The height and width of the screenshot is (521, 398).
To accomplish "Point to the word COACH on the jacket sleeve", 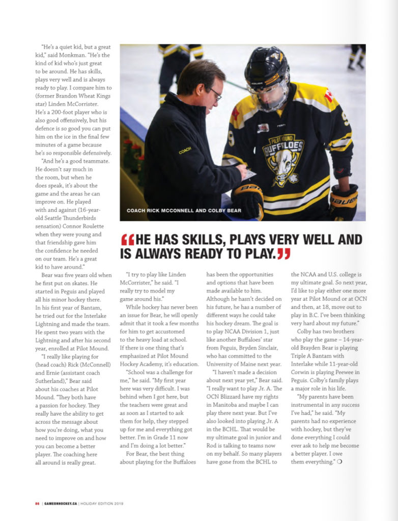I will (x=185, y=151).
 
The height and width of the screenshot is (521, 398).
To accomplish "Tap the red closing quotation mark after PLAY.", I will (x=283, y=253).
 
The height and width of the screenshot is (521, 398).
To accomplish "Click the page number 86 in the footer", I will (x=37, y=504).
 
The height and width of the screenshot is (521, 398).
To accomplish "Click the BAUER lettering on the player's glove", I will (x=343, y=198).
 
